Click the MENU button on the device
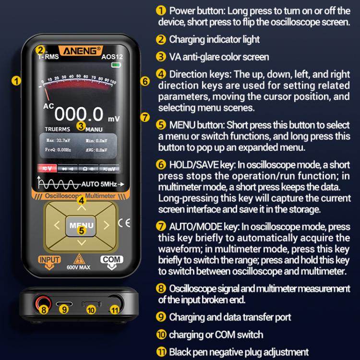tap(81, 225)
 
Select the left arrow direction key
tap(57, 225)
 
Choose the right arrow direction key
tap(106, 225)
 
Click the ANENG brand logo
tap(79, 50)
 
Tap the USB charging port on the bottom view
tap(64, 303)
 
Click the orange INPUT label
tap(49, 260)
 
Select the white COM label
tap(112, 259)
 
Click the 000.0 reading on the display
tap(79, 114)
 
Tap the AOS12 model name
tap(113, 56)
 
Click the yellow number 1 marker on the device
tap(17, 81)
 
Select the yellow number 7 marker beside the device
tap(145, 117)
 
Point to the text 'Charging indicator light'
tap(214, 39)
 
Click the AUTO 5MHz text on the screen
tap(99, 184)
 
